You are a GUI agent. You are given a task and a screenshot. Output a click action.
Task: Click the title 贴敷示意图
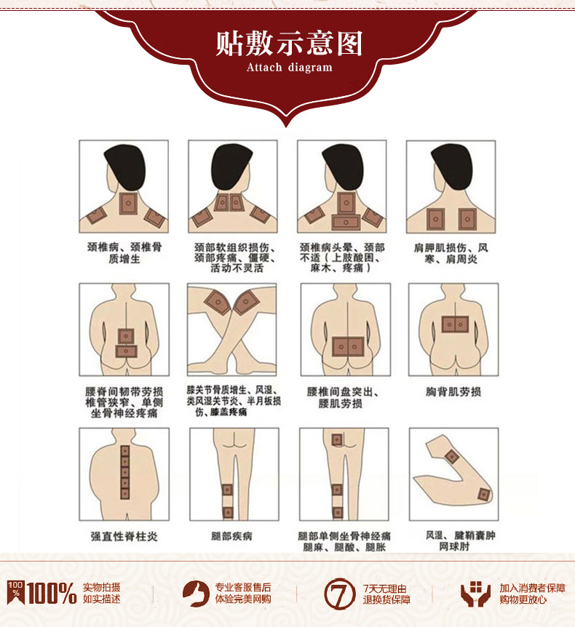(289, 43)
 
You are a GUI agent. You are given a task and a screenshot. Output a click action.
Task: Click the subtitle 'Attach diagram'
(289, 67)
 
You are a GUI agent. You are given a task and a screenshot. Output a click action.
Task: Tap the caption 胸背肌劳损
(453, 391)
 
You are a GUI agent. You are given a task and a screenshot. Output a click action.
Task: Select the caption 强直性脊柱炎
(124, 536)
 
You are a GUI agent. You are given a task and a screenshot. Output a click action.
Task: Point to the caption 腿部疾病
(231, 536)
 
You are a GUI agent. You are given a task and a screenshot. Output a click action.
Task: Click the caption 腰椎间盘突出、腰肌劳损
(343, 397)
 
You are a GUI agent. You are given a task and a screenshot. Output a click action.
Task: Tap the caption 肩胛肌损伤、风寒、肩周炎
(451, 254)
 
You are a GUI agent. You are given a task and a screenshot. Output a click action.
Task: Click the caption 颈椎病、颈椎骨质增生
(124, 252)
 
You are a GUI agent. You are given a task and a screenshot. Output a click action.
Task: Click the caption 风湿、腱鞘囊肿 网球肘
(460, 540)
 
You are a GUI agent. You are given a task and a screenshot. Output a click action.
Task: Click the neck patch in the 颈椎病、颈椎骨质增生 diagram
(128, 203)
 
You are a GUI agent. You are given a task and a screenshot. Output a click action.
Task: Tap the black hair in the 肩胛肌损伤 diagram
(452, 166)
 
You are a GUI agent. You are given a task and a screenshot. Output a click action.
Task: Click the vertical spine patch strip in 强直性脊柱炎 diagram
(125, 472)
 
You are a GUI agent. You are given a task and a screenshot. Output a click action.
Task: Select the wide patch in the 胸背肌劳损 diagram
(456, 324)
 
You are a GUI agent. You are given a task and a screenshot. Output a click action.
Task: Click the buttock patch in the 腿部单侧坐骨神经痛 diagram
(337, 439)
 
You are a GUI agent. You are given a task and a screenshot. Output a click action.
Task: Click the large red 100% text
(52, 593)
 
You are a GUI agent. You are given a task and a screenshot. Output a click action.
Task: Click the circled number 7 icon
(340, 594)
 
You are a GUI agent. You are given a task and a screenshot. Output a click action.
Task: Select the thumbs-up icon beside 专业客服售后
(196, 594)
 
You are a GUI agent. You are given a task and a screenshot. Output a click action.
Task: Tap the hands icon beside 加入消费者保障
(475, 594)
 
